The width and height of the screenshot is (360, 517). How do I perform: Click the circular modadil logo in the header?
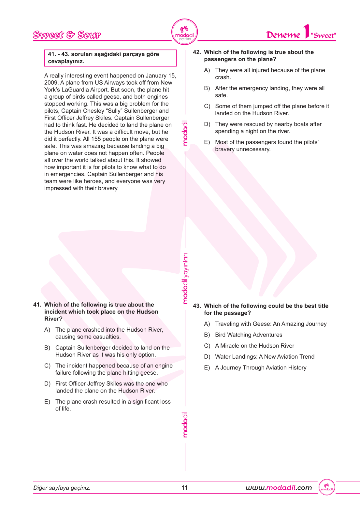click(x=184, y=32)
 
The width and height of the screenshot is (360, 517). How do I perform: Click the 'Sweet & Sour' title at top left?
click(x=67, y=35)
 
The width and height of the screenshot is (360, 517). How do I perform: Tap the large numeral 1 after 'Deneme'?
click(x=306, y=32)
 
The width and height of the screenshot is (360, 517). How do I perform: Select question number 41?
click(x=37, y=305)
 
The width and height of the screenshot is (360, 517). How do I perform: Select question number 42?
click(x=197, y=52)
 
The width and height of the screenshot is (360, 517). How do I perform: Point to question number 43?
click(x=197, y=306)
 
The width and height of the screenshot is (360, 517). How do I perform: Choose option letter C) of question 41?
click(x=47, y=366)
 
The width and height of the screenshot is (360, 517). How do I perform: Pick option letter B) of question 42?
click(x=207, y=88)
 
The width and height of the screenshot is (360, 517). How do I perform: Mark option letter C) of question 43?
click(x=207, y=346)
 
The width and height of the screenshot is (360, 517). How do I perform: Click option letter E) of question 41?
click(x=47, y=402)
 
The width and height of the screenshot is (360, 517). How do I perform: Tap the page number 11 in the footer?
click(x=185, y=488)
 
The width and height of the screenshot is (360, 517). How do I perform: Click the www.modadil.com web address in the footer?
click(x=279, y=488)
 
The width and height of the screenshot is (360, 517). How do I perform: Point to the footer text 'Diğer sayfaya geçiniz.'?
click(x=62, y=488)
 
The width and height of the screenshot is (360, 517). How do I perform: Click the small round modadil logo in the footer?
click(x=327, y=488)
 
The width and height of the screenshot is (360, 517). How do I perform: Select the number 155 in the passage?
click(x=96, y=139)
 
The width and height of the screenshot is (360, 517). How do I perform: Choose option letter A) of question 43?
click(x=207, y=324)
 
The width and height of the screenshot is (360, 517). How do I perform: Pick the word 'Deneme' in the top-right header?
click(x=283, y=35)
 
